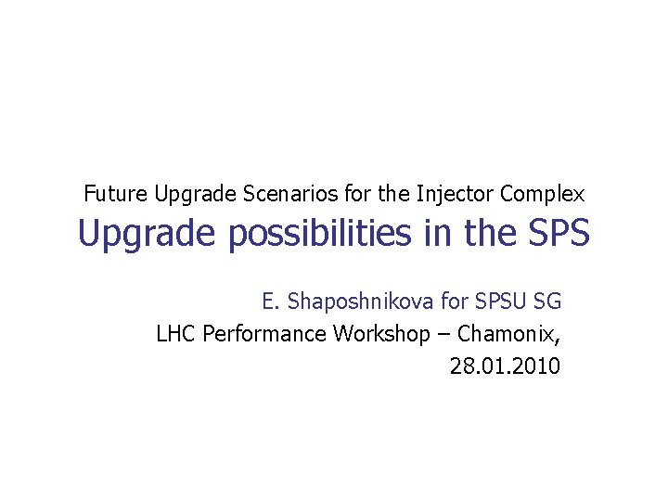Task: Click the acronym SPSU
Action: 503,302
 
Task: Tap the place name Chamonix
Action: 507,334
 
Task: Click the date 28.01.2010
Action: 505,366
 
